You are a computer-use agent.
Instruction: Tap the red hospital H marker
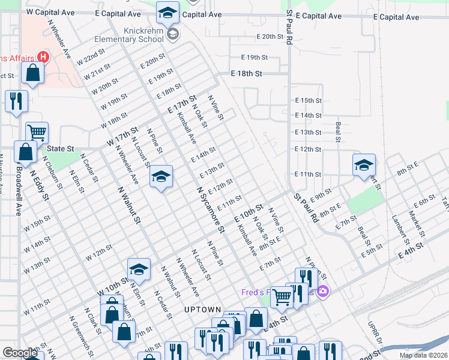point(43,57)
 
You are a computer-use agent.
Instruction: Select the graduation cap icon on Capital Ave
point(167,11)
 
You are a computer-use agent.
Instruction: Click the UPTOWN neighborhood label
point(203,310)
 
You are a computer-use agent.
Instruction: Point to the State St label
point(60,148)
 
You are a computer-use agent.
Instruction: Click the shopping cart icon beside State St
point(37,132)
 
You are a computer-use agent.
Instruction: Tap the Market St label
point(414,223)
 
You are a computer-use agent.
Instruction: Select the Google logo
point(20,353)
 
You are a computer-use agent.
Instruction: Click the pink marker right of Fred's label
point(323,292)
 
